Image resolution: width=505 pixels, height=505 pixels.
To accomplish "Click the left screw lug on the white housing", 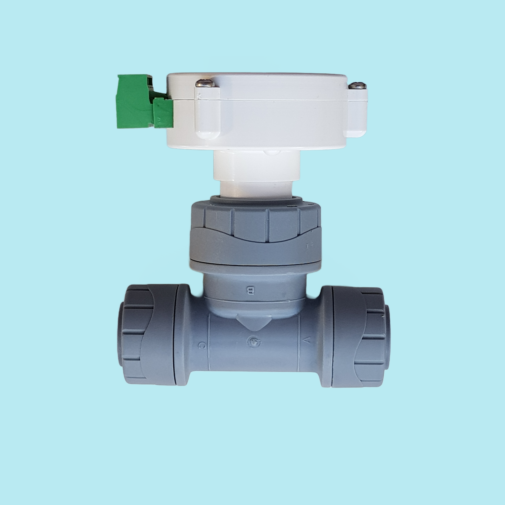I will point(207,112).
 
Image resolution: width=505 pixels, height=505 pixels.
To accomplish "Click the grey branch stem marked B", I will point(254,287).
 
